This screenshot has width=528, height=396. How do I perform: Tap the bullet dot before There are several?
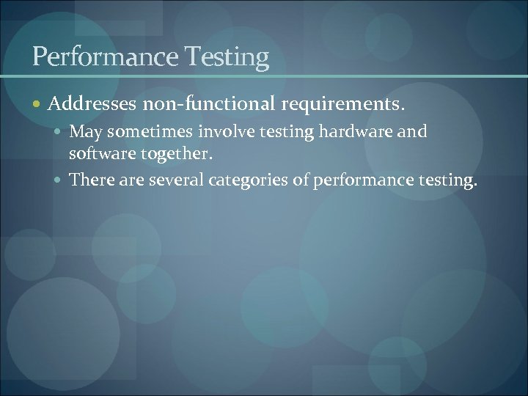coord(60,180)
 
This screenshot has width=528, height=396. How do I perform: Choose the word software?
coord(98,155)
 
